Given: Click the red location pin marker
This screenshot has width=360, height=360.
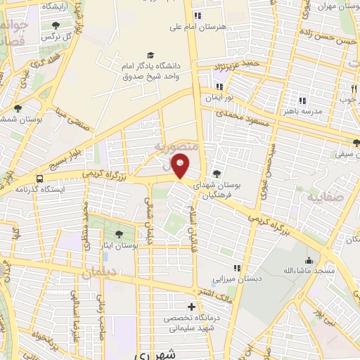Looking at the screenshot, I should (181, 166).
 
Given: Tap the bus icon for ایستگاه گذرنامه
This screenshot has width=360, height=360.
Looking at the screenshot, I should (39, 179).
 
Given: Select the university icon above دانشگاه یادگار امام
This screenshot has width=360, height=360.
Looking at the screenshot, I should (150, 55).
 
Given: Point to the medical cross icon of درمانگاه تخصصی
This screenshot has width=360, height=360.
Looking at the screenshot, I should (191, 307).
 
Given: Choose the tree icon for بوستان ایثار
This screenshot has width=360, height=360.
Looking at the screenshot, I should (117, 234).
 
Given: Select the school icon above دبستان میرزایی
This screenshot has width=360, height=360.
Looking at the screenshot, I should (238, 267).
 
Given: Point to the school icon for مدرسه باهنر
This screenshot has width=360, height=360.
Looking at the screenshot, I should (303, 101).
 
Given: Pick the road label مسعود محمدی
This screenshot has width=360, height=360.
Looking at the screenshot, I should (240, 112).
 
